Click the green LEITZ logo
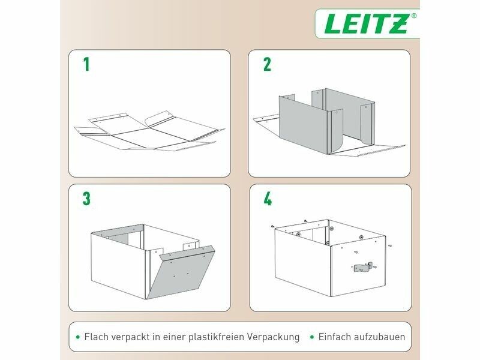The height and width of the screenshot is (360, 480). (366, 24)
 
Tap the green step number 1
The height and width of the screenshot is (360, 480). (86, 65)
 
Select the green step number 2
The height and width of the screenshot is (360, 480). (267, 65)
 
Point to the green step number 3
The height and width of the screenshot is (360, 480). (86, 199)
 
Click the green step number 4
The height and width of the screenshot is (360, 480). (268, 199)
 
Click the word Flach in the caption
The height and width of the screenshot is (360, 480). (97, 337)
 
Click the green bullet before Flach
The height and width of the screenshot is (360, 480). (78, 337)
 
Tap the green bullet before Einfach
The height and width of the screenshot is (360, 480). (312, 337)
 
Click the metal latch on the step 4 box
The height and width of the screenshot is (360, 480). (363, 267)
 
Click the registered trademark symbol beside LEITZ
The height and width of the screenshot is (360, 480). (414, 16)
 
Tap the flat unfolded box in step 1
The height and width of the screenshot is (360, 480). (149, 132)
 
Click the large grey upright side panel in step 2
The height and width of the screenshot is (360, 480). (303, 124)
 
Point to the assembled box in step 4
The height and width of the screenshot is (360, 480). (331, 258)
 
